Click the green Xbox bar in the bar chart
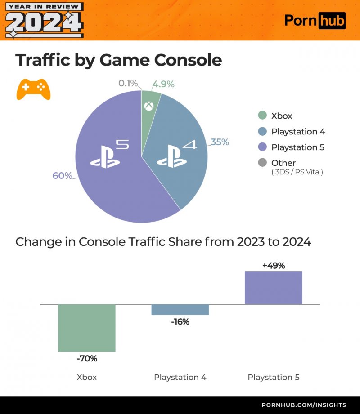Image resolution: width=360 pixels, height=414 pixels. click(x=87, y=328)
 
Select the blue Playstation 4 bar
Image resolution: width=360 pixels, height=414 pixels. click(x=180, y=310)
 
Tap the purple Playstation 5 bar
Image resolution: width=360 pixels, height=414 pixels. click(x=273, y=288)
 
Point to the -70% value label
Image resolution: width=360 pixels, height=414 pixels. click(x=87, y=359)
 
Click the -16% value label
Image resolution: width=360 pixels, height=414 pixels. click(x=180, y=322)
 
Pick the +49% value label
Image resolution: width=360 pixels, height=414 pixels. click(x=274, y=265)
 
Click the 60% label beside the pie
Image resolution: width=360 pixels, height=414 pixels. click(x=62, y=176)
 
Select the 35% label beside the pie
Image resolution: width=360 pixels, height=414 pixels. click(x=220, y=142)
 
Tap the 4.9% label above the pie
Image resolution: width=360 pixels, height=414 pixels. click(x=163, y=84)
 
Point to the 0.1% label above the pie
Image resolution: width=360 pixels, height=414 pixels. click(x=128, y=83)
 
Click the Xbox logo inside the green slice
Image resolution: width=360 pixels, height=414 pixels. click(x=149, y=107)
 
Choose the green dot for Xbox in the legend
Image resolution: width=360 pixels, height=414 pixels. click(x=262, y=116)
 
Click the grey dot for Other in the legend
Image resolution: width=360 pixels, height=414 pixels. click(x=262, y=163)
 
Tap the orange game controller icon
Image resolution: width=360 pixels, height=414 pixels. click(x=33, y=89)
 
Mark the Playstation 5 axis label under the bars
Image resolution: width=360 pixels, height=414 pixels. click(x=273, y=377)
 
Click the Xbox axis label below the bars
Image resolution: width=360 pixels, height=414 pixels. click(x=87, y=377)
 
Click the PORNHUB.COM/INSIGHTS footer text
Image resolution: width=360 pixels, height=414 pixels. click(x=304, y=405)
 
